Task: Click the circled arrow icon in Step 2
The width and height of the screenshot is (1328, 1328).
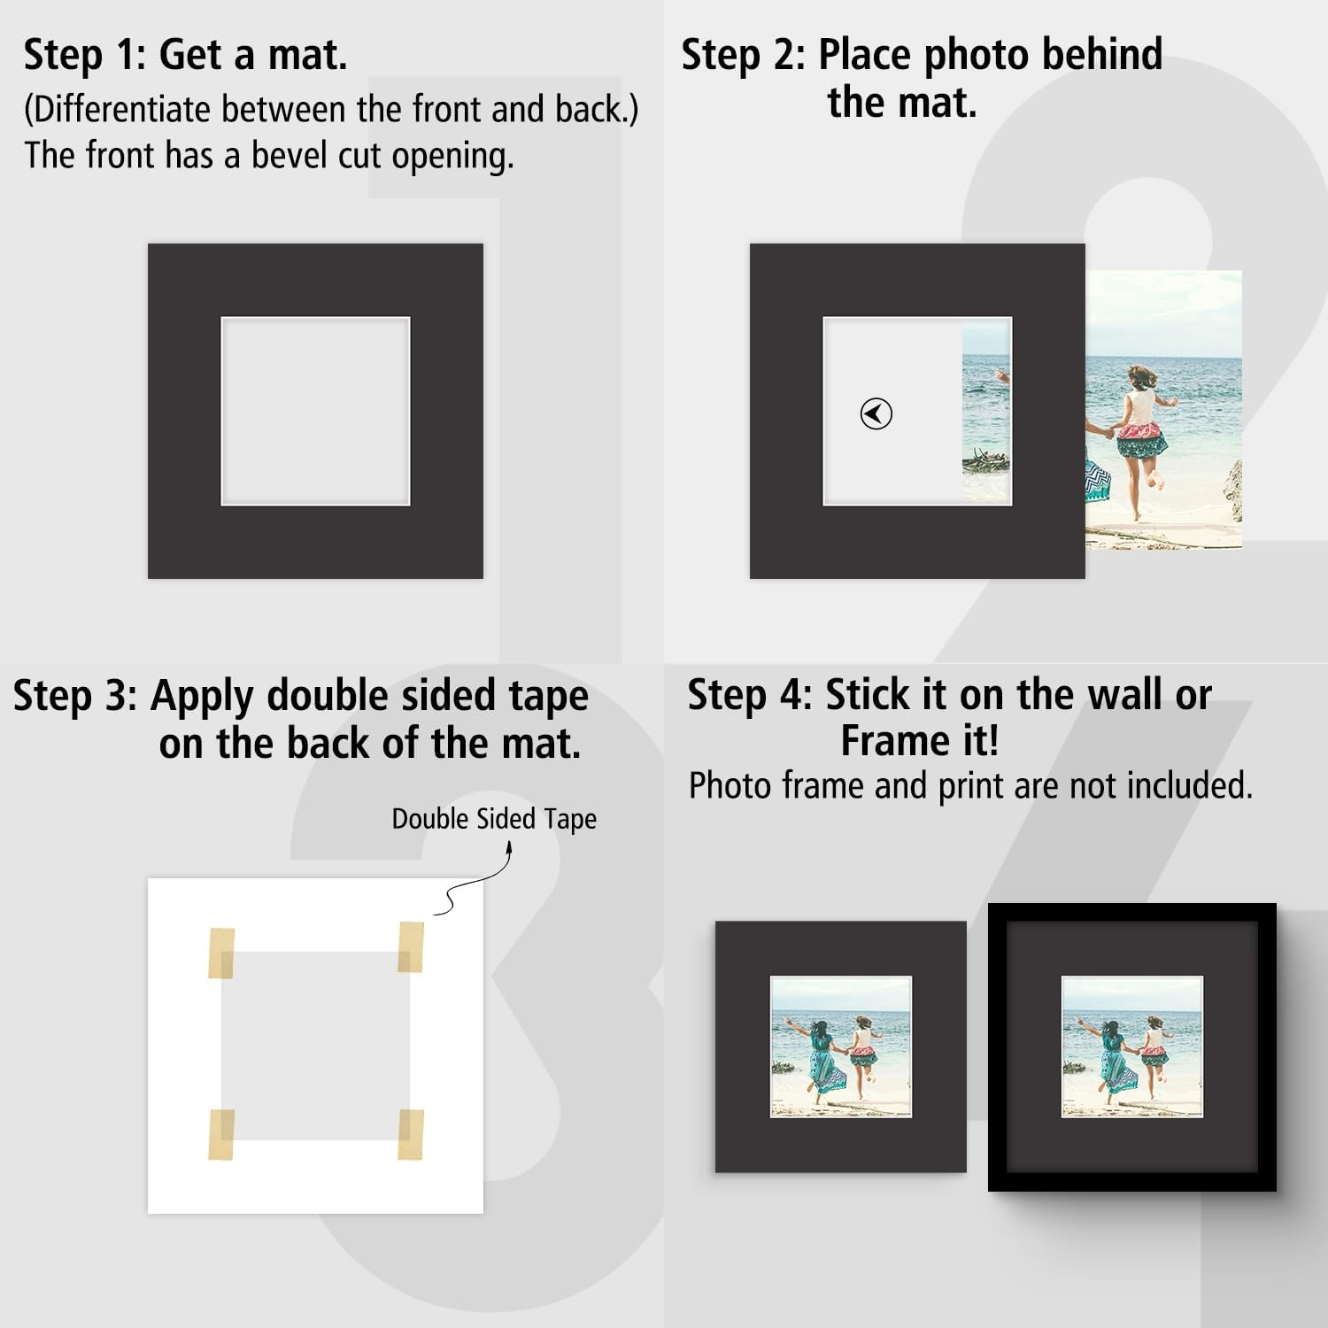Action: [876, 413]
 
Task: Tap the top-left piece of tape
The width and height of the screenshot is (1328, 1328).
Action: [221, 954]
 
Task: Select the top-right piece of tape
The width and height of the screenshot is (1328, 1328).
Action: [411, 946]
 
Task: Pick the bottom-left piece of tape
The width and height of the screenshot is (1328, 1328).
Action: [221, 1134]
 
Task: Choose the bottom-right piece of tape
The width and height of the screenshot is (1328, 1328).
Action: [411, 1134]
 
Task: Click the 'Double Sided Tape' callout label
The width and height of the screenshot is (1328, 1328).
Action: [494, 819]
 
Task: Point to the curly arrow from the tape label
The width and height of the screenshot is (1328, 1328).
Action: [474, 878]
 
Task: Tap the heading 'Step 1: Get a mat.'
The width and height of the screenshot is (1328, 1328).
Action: [185, 55]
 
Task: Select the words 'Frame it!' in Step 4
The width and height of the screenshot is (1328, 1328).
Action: [920, 740]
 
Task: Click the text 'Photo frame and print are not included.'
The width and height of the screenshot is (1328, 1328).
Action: [970, 785]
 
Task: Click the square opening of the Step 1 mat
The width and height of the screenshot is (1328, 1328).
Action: [315, 411]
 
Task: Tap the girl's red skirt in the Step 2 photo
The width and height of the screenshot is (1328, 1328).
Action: [1142, 439]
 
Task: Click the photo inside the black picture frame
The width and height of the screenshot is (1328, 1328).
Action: [1131, 1046]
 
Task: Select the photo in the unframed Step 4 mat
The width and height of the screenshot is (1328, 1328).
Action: [841, 1046]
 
